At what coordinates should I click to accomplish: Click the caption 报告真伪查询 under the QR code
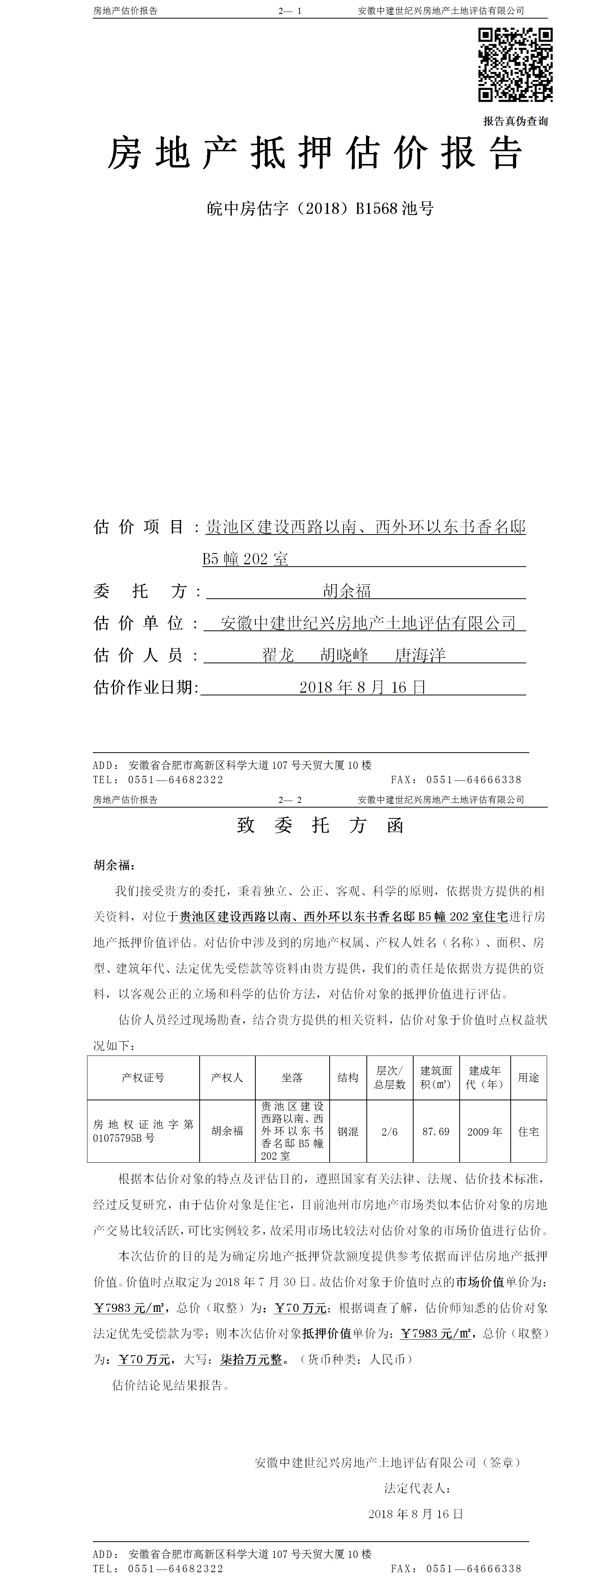tap(515, 121)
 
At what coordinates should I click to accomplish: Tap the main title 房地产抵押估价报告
tap(315, 153)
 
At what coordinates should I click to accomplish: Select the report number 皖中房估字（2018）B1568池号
tap(320, 209)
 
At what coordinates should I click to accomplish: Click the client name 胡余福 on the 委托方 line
tap(347, 591)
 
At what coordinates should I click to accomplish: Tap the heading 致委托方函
tap(320, 825)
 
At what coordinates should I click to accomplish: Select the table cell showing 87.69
tap(436, 1131)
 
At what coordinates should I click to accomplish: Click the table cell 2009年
tap(485, 1131)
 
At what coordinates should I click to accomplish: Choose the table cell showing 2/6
tap(390, 1131)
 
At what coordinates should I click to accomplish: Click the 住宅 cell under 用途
tap(528, 1131)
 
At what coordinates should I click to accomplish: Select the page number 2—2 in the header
tap(290, 799)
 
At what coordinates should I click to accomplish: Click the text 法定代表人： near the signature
tap(417, 1488)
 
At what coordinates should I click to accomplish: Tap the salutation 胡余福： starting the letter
tap(115, 865)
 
